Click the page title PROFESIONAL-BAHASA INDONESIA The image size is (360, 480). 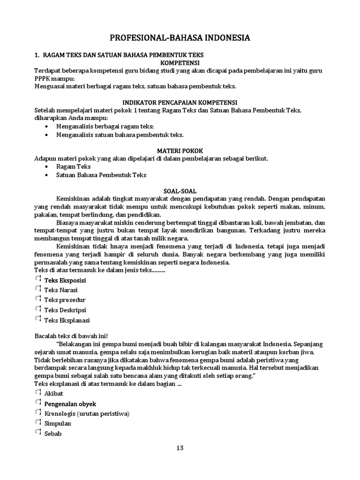pyautogui.click(x=180, y=38)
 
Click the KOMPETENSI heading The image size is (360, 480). pyautogui.click(x=180, y=62)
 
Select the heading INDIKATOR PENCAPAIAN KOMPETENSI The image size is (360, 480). pyautogui.click(x=180, y=102)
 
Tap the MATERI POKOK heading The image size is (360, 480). pyautogui.click(x=180, y=150)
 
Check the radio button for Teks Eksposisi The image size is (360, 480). pyautogui.click(x=38, y=279)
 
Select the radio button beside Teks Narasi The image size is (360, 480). pyautogui.click(x=38, y=289)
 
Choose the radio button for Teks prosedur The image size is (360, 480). pyautogui.click(x=38, y=299)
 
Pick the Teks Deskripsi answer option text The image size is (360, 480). pyautogui.click(x=65, y=310)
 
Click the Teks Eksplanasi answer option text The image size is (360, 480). pyautogui.click(x=67, y=320)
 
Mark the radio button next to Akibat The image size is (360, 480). pyautogui.click(x=38, y=392)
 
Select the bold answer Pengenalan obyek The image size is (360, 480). pyautogui.click(x=70, y=403)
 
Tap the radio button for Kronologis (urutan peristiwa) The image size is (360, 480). pyautogui.click(x=38, y=412)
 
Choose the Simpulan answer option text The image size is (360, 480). pyautogui.click(x=58, y=423)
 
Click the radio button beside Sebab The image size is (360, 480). pyautogui.click(x=38, y=432)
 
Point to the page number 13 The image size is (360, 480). pyautogui.click(x=180, y=448)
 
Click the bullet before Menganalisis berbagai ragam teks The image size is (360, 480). pyautogui.click(x=46, y=127)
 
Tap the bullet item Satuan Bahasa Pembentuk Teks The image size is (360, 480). pyautogui.click(x=101, y=175)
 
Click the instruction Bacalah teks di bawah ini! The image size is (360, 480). pyautogui.click(x=71, y=336)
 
